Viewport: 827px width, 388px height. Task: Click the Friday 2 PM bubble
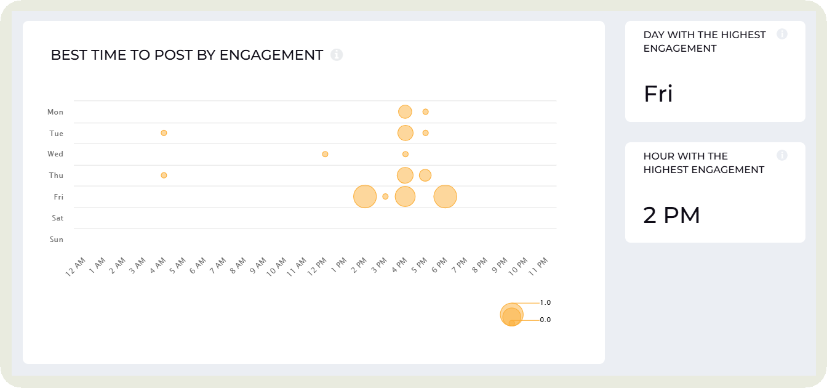click(365, 196)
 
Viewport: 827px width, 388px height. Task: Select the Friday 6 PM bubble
click(445, 196)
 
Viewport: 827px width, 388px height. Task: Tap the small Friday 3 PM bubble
click(385, 196)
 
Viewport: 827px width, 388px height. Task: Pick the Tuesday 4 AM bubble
click(164, 133)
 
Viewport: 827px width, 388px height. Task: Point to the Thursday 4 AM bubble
click(164, 176)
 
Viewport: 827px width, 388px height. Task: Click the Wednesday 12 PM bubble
click(325, 154)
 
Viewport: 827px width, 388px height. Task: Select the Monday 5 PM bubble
click(425, 112)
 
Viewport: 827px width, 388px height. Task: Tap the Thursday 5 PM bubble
click(425, 176)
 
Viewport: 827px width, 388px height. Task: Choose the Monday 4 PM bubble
click(405, 112)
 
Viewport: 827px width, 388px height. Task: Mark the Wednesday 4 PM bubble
click(406, 154)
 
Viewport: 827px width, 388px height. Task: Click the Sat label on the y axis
click(57, 218)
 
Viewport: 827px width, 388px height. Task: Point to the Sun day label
click(57, 240)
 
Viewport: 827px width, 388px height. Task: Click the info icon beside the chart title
click(337, 55)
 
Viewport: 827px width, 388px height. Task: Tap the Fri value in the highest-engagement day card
click(658, 94)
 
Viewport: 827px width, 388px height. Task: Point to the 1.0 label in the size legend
click(545, 303)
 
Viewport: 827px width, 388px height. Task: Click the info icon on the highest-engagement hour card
click(782, 155)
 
